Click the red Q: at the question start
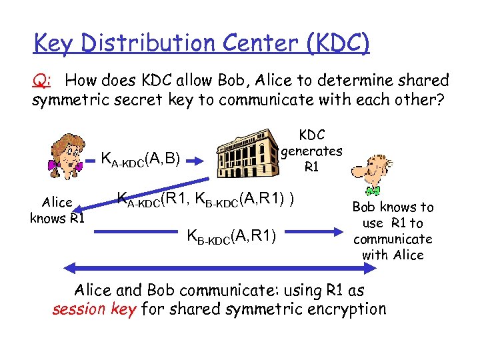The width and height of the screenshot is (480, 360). [x=41, y=81]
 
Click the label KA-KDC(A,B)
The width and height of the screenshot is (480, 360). [x=140, y=159]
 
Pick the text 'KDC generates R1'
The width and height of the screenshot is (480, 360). [x=311, y=150]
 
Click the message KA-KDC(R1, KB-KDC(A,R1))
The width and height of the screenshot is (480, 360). [x=206, y=198]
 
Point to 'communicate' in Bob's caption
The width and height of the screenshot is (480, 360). [x=393, y=239]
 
